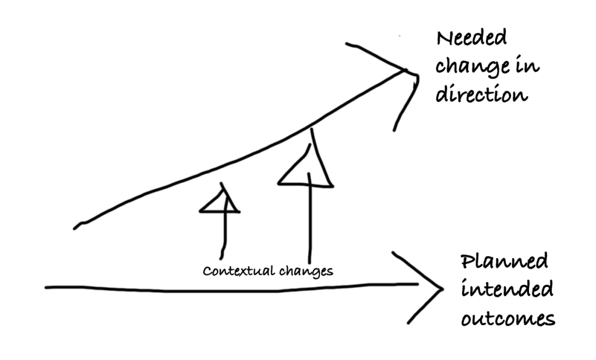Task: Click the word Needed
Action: pyautogui.click(x=471, y=39)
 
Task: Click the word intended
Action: pyautogui.click(x=507, y=290)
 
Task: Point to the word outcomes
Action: pyautogui.click(x=507, y=319)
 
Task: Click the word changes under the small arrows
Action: pyautogui.click(x=305, y=271)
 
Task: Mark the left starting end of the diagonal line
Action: pyautogui.click(x=76, y=227)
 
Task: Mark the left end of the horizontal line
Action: pyautogui.click(x=47, y=287)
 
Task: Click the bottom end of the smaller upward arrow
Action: pyautogui.click(x=221, y=257)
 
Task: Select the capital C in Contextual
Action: pyautogui.click(x=206, y=271)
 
